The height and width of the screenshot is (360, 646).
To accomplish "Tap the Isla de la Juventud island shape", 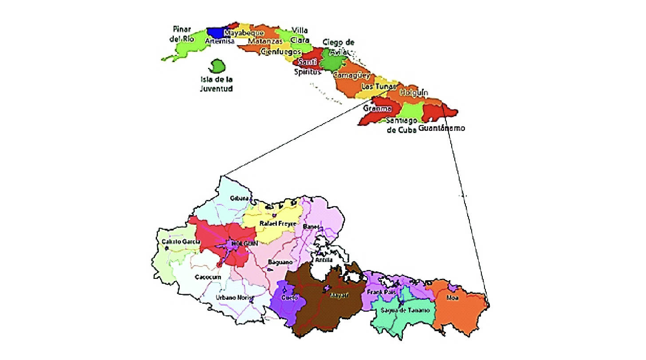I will click(x=217, y=67).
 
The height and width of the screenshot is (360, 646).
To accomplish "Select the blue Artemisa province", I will click(x=216, y=32).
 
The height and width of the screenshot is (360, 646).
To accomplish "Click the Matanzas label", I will click(x=265, y=41).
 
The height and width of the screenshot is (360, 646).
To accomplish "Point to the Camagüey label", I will click(x=351, y=75).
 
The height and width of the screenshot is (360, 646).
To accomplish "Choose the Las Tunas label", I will click(x=378, y=86).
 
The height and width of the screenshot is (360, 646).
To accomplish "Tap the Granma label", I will click(x=377, y=109).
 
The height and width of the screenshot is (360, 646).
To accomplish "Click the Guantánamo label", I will click(x=441, y=128).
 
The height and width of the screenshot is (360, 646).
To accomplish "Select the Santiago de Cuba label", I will click(x=402, y=125).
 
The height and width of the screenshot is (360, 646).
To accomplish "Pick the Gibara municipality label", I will click(x=238, y=198).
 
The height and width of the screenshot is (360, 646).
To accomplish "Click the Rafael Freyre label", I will click(x=277, y=223).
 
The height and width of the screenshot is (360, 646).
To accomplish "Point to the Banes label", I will click(x=311, y=227).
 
